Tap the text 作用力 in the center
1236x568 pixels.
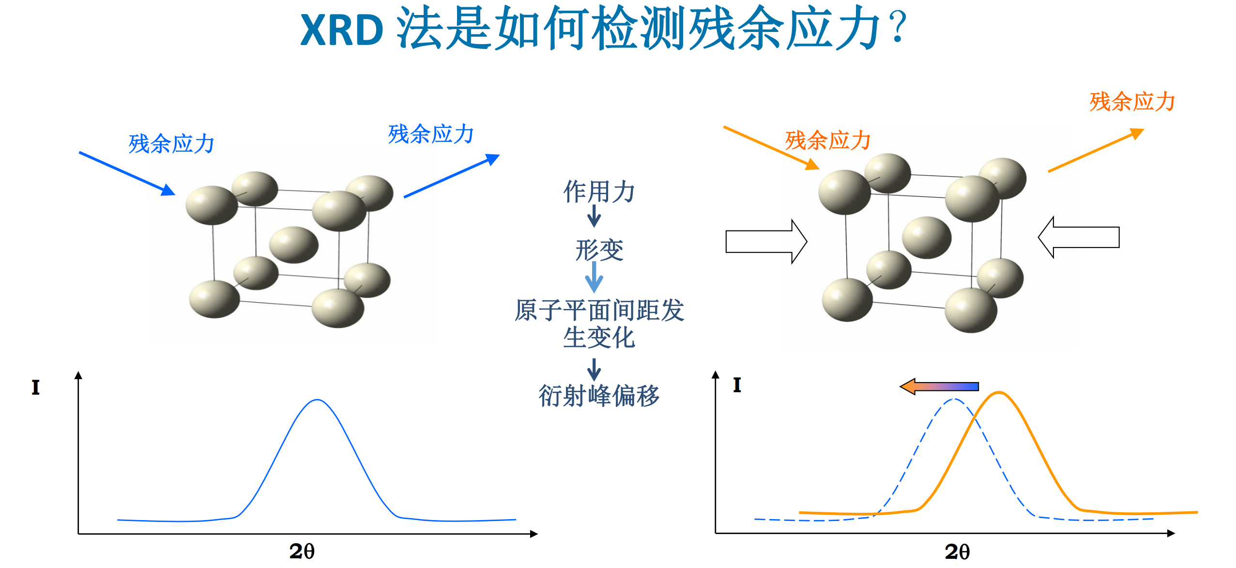click(x=599, y=191)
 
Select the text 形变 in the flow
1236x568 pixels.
click(x=599, y=250)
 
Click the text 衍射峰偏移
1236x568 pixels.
click(x=599, y=396)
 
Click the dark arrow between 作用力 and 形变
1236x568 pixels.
click(x=594, y=216)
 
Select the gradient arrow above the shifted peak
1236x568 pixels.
click(x=939, y=386)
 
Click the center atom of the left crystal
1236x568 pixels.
click(x=293, y=245)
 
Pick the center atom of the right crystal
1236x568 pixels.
click(x=926, y=237)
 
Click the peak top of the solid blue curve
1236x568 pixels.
click(x=317, y=400)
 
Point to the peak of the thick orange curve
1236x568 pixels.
click(x=998, y=393)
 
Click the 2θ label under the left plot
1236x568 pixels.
click(x=302, y=551)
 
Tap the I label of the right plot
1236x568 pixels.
click(x=737, y=385)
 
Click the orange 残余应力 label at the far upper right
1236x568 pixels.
click(x=1132, y=102)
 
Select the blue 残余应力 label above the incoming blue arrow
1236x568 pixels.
click(x=171, y=144)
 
